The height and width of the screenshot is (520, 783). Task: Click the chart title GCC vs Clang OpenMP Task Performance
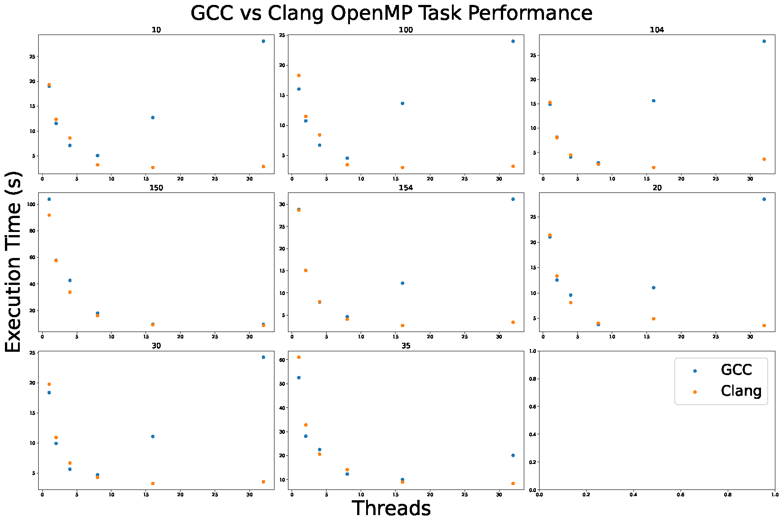click(x=391, y=13)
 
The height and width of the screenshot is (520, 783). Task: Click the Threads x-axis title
click(x=391, y=508)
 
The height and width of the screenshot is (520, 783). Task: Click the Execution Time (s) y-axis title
click(x=13, y=262)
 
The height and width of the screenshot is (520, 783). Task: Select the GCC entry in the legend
click(x=736, y=370)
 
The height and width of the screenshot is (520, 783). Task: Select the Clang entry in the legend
click(x=741, y=391)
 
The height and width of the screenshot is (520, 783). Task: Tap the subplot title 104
click(x=657, y=30)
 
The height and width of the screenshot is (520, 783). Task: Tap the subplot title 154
click(x=406, y=188)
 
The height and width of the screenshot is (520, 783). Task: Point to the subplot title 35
click(x=406, y=346)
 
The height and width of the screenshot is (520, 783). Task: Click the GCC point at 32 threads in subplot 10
click(x=263, y=41)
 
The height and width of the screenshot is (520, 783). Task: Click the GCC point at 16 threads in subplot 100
click(x=403, y=103)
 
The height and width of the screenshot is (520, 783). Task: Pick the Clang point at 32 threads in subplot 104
click(x=764, y=159)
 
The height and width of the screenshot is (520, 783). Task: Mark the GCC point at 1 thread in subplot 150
click(x=49, y=199)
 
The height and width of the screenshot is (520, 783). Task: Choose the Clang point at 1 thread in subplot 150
click(x=49, y=215)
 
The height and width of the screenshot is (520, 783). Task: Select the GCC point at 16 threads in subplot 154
click(x=403, y=283)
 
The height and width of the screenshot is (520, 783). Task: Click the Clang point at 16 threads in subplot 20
click(x=654, y=319)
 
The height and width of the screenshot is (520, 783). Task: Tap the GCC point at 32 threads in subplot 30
click(x=263, y=357)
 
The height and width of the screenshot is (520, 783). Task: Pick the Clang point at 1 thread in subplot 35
click(x=299, y=357)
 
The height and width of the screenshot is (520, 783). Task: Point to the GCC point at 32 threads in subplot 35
click(x=513, y=455)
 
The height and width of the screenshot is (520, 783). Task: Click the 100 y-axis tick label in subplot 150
click(x=31, y=204)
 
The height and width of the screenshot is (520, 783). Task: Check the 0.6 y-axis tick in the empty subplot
click(x=531, y=406)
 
